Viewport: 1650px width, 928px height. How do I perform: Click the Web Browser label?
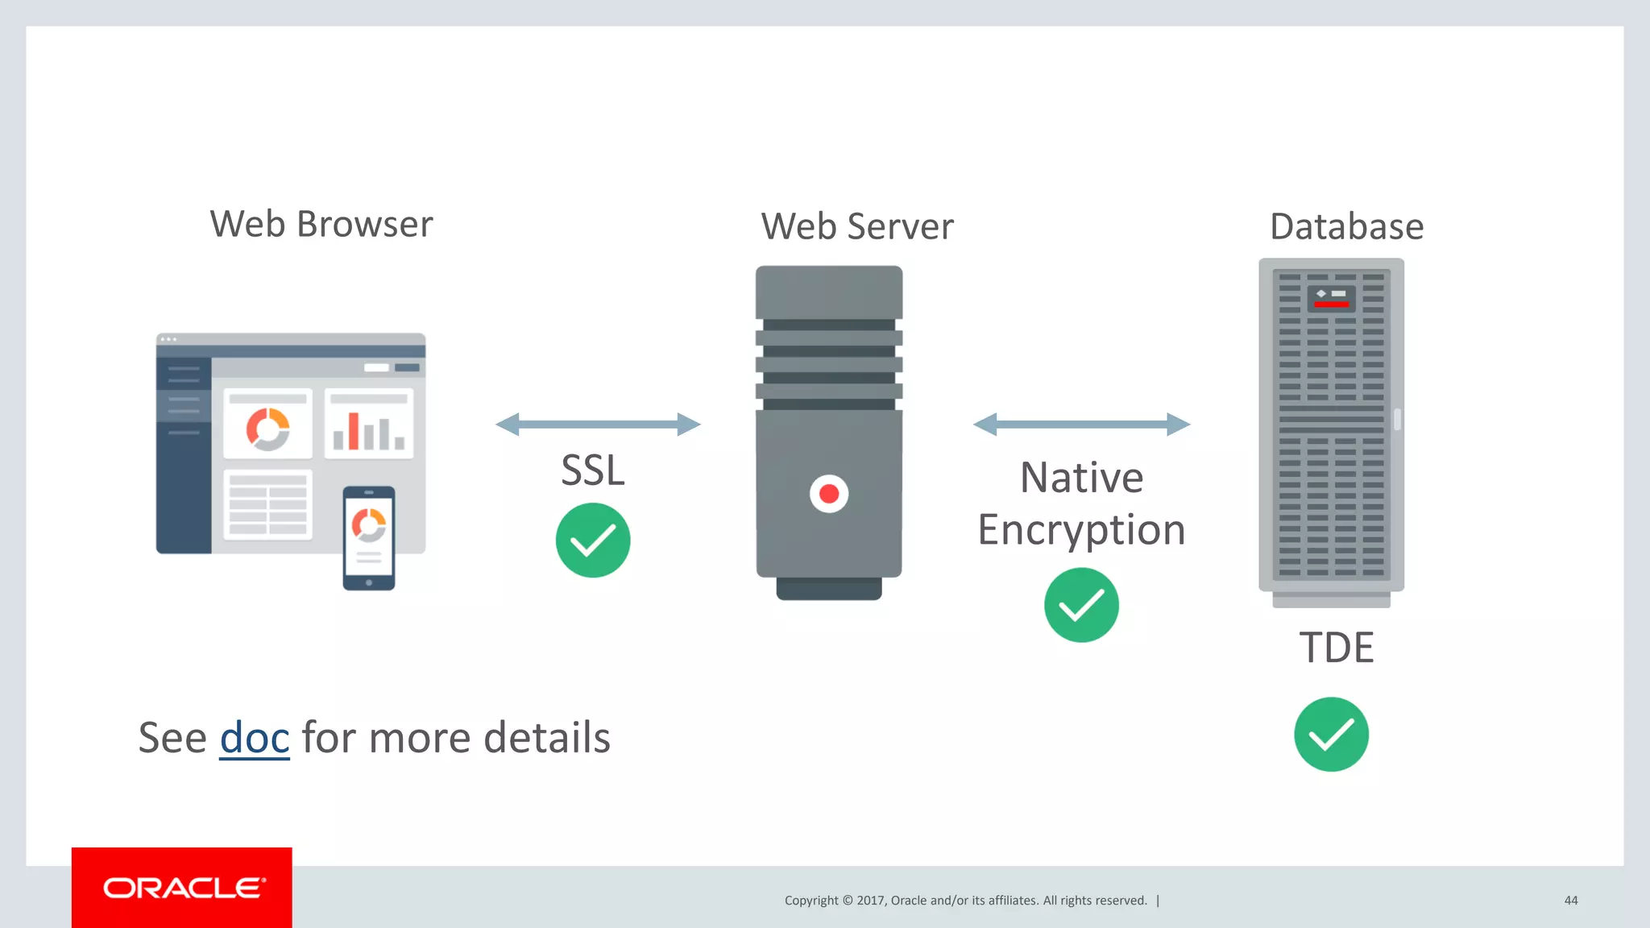tap(321, 224)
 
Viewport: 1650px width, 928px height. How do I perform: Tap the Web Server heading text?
tap(857, 226)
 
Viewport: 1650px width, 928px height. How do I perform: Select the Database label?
tap(1346, 226)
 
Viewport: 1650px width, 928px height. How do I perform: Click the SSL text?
tap(593, 470)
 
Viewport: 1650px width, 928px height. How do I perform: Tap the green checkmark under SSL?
tap(593, 541)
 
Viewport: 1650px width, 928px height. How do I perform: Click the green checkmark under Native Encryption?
tap(1081, 605)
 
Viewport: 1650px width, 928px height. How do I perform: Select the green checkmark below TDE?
tap(1331, 734)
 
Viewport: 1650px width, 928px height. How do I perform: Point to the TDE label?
tap(1336, 648)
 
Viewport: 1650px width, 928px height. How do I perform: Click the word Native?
tap(1081, 478)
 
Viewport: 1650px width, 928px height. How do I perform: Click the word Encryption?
tap(1081, 530)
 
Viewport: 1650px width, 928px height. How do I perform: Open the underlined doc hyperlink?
tap(255, 738)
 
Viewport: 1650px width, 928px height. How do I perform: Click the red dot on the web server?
tap(829, 494)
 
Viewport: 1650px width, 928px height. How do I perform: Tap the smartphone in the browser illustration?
tap(369, 538)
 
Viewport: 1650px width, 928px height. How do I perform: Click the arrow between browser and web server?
tap(598, 425)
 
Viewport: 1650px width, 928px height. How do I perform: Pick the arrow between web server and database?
tap(1081, 425)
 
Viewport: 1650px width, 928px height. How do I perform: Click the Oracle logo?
tap(183, 888)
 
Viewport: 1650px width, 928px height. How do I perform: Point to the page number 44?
tap(1570, 901)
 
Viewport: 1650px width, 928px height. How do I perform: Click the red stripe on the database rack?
tap(1331, 304)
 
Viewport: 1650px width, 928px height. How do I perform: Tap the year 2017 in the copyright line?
tap(870, 901)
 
